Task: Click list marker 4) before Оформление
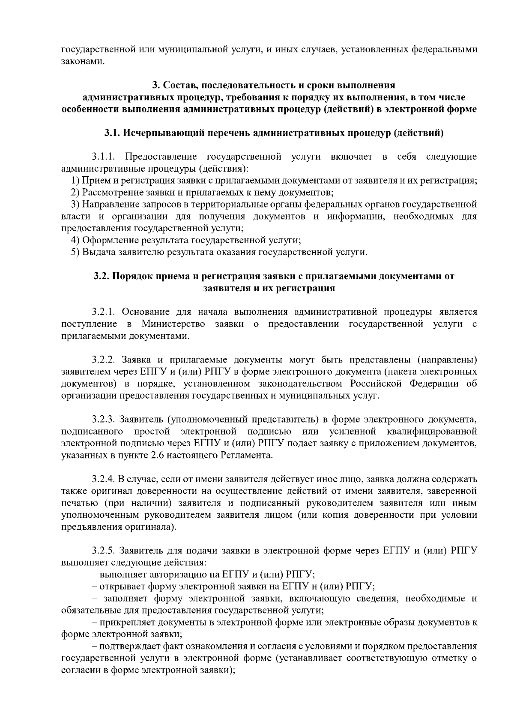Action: point(75,240)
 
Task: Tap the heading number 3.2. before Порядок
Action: point(102,276)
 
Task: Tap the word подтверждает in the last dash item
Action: point(127,646)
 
